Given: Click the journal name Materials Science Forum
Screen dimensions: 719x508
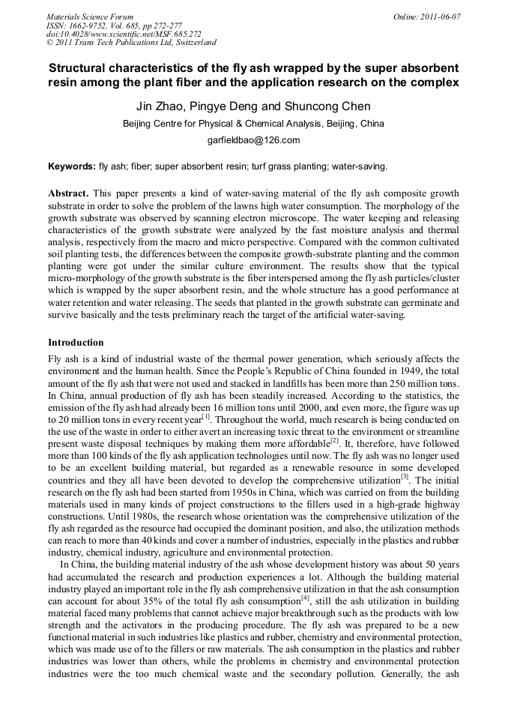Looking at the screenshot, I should click(90, 16).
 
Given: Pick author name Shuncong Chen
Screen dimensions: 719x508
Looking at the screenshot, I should click(324, 106).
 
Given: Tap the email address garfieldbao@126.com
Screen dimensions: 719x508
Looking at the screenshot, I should click(253, 140).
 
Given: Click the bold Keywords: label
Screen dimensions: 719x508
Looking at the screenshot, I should click(71, 166).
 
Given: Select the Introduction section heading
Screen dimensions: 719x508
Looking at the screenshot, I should click(76, 343).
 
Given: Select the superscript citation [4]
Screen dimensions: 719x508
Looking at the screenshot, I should click(305, 598).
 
